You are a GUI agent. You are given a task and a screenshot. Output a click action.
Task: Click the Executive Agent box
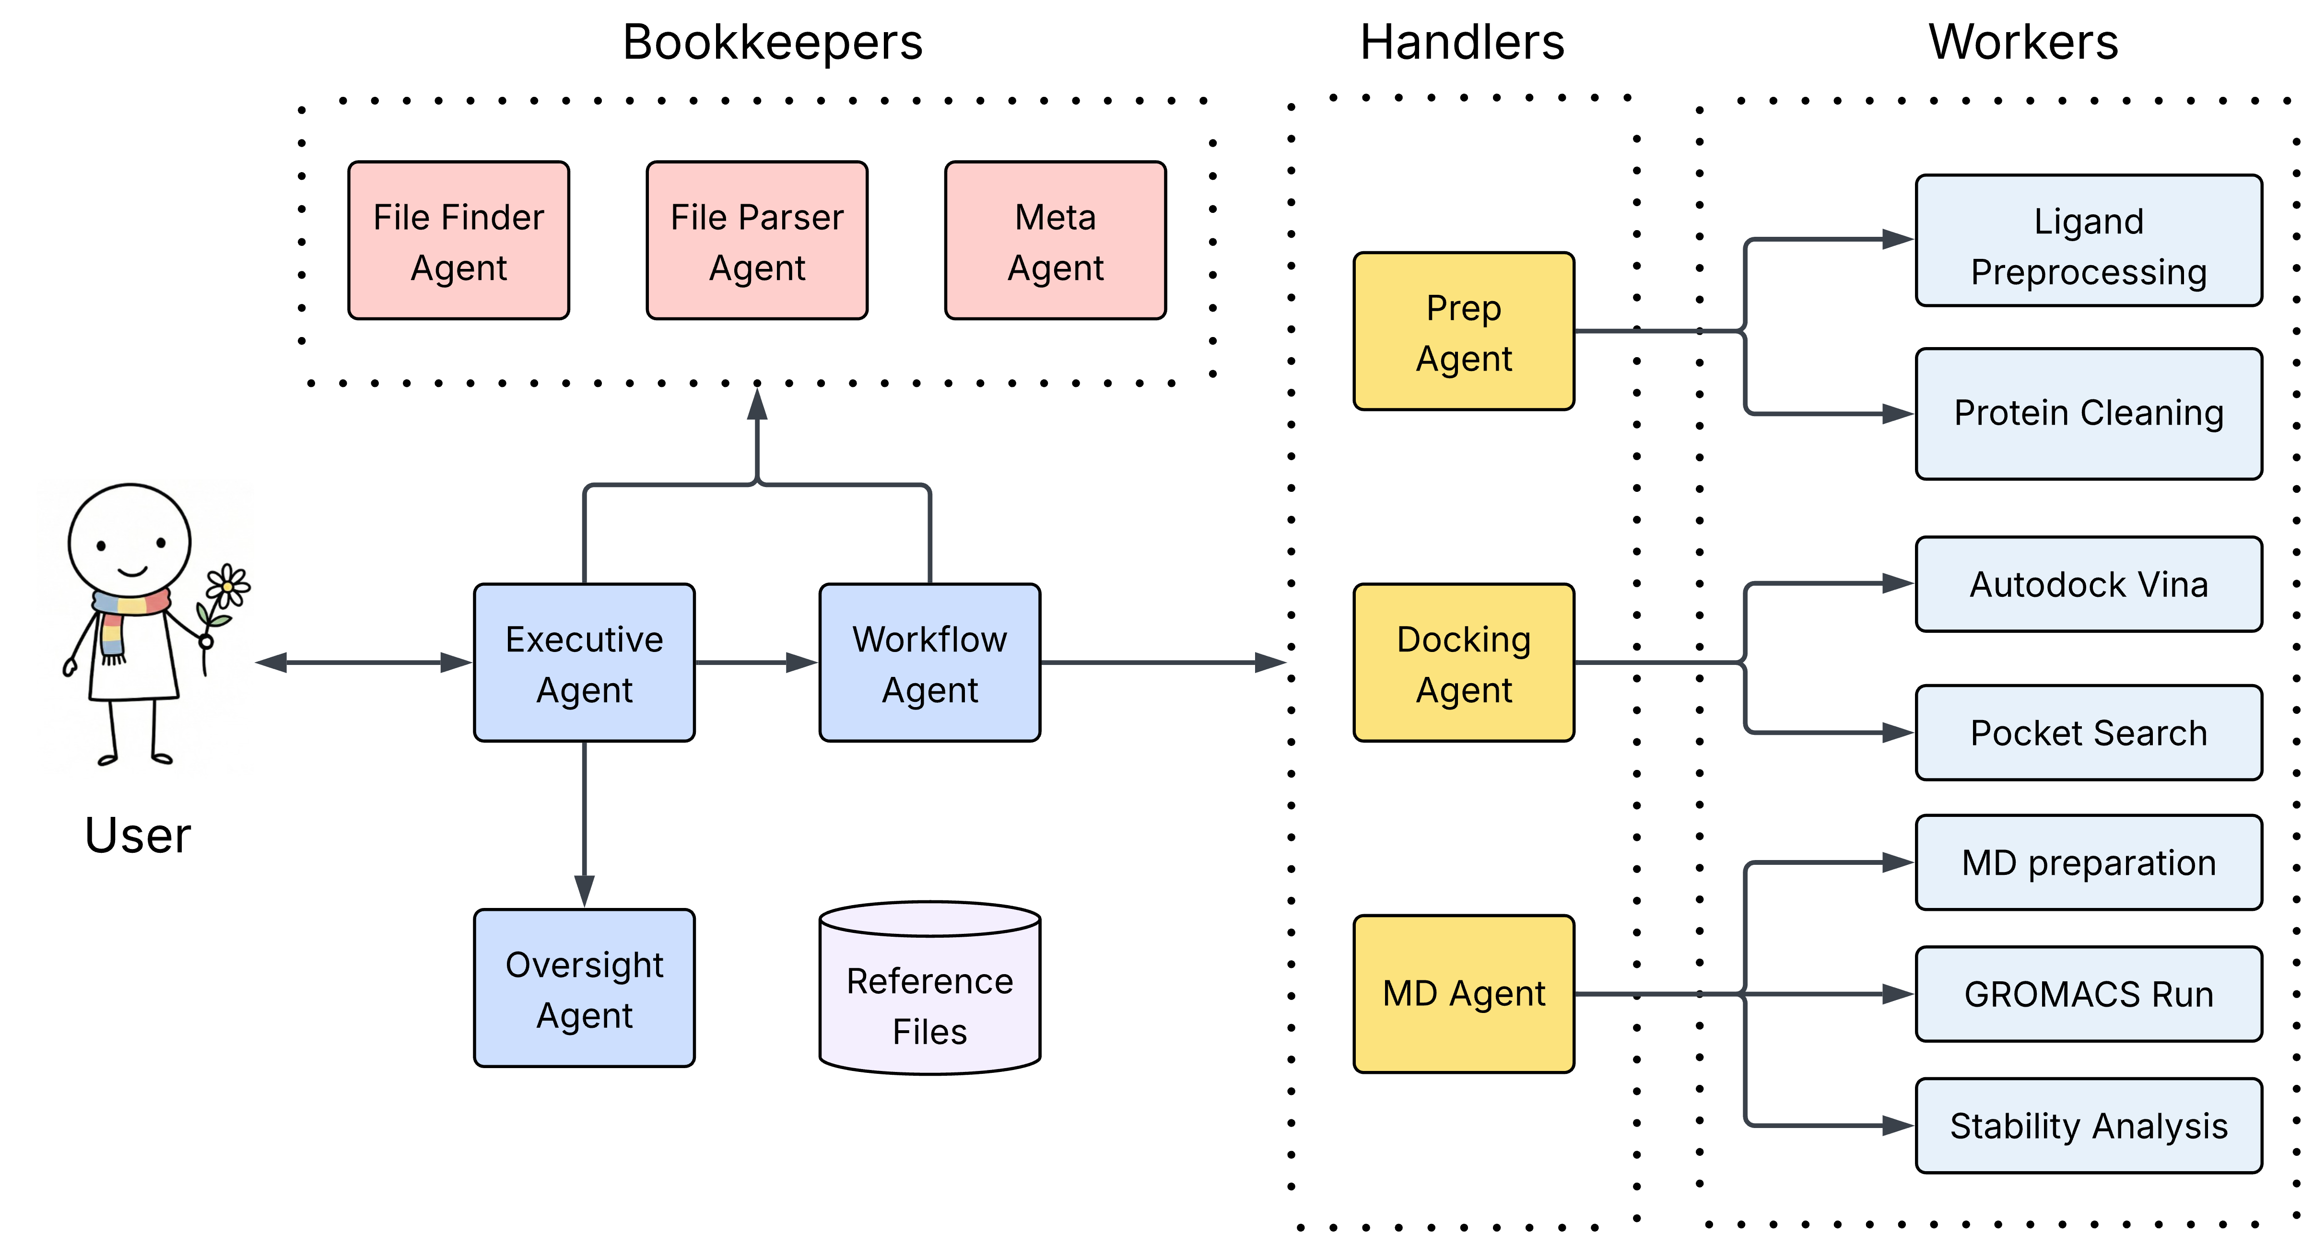(x=585, y=663)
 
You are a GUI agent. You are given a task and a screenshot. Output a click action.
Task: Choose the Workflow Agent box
(x=929, y=663)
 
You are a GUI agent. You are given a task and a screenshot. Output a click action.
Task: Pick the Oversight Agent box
(x=585, y=988)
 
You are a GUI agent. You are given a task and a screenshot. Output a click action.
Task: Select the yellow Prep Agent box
(x=1464, y=331)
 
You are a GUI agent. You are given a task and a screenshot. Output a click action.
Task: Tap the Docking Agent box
(x=1464, y=663)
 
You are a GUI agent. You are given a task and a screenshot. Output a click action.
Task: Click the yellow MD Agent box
(x=1464, y=994)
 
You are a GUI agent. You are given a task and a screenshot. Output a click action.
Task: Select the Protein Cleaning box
(x=2089, y=414)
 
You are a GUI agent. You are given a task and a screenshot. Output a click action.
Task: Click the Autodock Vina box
(x=2089, y=584)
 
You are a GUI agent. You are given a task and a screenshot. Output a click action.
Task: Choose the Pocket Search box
(x=2089, y=733)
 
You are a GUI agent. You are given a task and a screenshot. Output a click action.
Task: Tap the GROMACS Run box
(x=2089, y=994)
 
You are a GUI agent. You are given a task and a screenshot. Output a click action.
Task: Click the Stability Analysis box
(x=2089, y=1126)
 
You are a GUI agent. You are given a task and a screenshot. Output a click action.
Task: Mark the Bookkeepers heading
(x=772, y=42)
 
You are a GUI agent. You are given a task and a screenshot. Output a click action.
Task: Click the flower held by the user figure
(x=228, y=586)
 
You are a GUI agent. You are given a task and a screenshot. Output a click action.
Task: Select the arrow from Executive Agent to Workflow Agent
(x=755, y=663)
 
